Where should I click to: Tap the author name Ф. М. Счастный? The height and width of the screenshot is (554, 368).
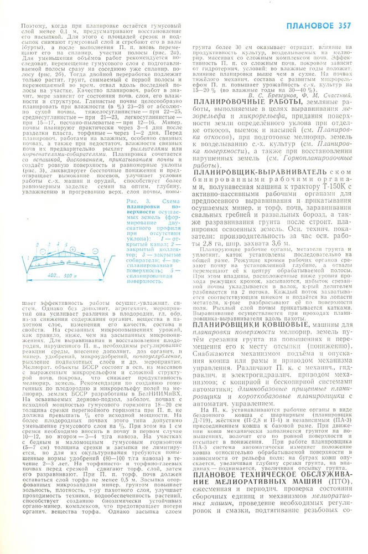pyautogui.click(x=328, y=94)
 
